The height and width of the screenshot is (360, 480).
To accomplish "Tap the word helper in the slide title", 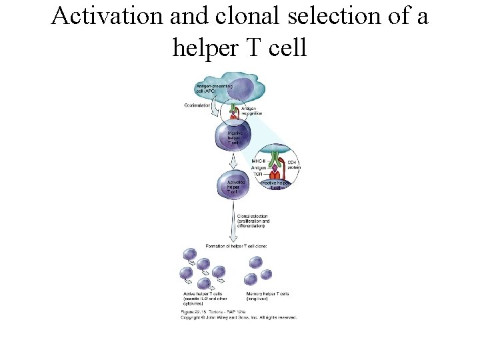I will pyautogui.click(x=206, y=47).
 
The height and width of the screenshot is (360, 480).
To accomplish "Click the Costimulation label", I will pyautogui.click(x=197, y=105).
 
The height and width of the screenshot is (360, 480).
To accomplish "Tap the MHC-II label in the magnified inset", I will pyautogui.click(x=259, y=161).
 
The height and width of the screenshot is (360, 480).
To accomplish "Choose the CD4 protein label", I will pyautogui.click(x=293, y=165).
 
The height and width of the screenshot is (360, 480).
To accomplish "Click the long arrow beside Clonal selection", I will pyautogui.click(x=233, y=223).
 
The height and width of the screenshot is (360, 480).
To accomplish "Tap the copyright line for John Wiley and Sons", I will pyautogui.click(x=239, y=317).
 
